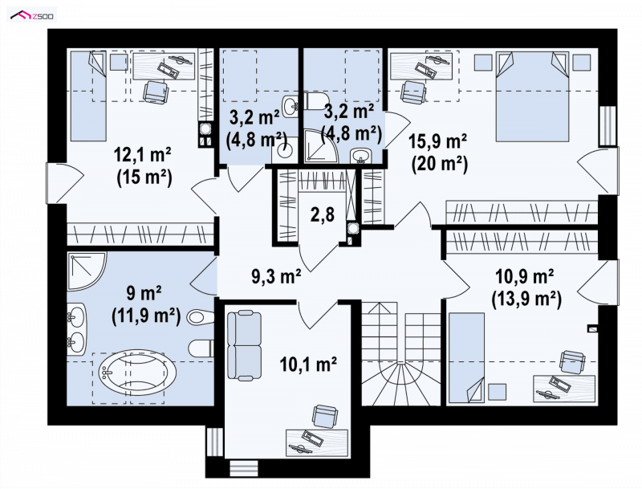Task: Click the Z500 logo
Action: click(32, 16)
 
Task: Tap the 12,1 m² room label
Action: click(143, 155)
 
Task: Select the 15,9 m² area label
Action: click(438, 141)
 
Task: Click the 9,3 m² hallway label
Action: click(276, 276)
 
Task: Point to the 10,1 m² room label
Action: click(308, 363)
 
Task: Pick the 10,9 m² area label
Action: click(525, 277)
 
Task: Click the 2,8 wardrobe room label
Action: click(323, 214)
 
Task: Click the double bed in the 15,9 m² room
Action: click(532, 96)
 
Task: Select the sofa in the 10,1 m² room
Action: click(244, 345)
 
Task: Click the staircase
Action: click(400, 353)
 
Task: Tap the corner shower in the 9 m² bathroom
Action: click(87, 271)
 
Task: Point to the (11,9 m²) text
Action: click(146, 316)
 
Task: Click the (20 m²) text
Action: click(440, 165)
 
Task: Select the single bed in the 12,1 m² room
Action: click(88, 96)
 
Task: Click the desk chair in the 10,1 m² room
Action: click(326, 417)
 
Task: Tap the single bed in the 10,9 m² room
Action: click(466, 357)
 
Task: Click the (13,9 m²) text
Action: click(526, 300)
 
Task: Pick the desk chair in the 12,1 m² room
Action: click(156, 91)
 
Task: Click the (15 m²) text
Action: click(144, 178)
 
